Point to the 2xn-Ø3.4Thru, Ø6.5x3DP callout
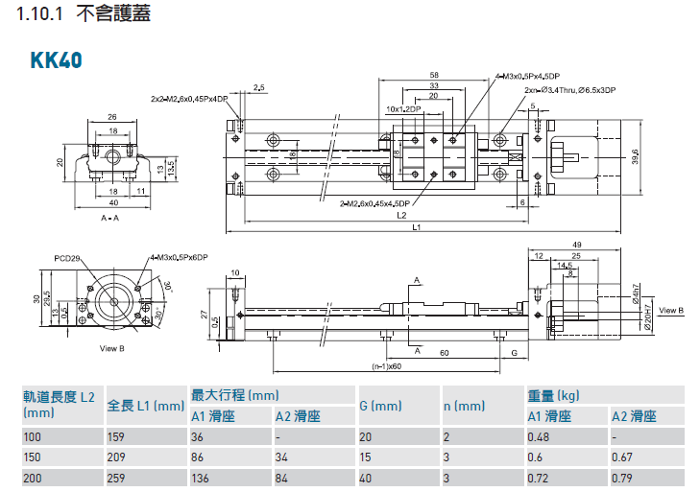pos(569,89)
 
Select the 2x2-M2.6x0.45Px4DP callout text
pos(189,98)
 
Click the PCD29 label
pos(66,258)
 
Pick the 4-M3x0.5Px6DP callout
pos(179,258)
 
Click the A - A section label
pos(110,220)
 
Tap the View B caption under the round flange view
pos(112,347)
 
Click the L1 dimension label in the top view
pos(415,228)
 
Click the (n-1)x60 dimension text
pos(385,366)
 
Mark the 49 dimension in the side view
pos(575,245)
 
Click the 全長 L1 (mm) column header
pos(145,406)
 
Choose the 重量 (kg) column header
pos(553,395)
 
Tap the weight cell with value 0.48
pos(538,436)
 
